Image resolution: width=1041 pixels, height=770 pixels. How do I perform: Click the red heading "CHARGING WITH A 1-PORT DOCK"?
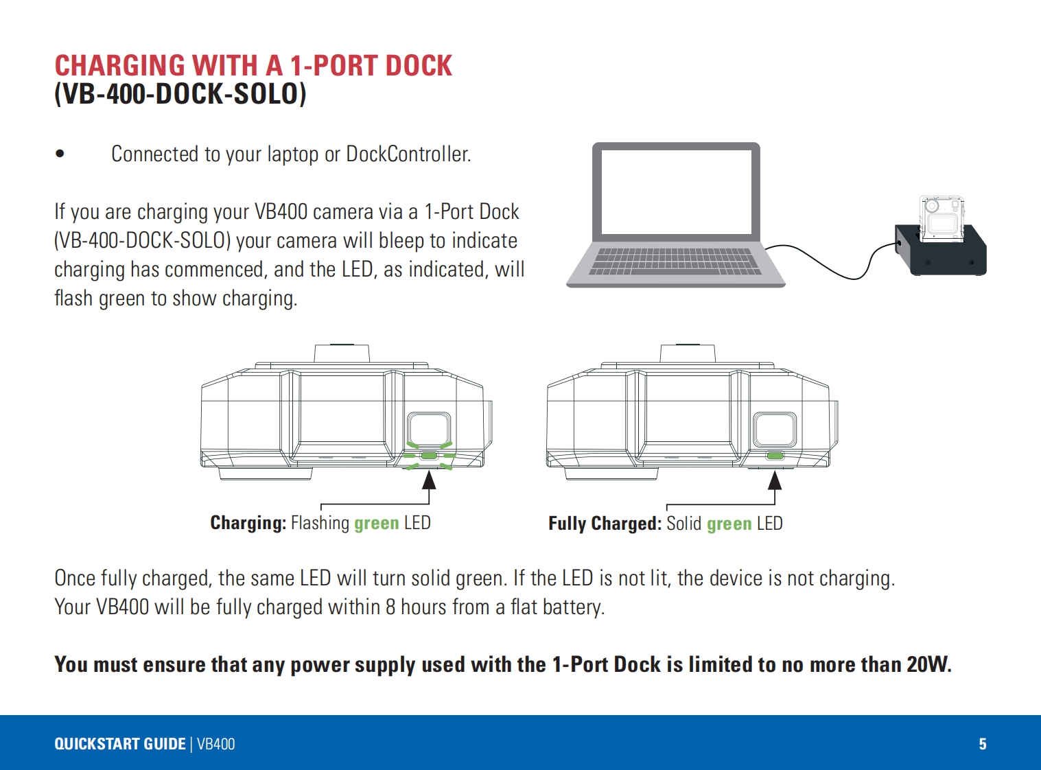253,66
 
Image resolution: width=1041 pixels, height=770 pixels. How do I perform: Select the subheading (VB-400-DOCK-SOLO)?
180,94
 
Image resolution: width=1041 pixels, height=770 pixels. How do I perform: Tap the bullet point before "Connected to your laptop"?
60,154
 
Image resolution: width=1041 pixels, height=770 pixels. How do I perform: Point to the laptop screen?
676,192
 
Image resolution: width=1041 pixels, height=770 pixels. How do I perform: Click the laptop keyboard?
676,261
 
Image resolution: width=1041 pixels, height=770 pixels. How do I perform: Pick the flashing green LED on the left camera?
429,456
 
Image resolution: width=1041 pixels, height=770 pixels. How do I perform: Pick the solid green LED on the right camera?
775,456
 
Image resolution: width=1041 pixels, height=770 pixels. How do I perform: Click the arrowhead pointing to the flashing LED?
429,479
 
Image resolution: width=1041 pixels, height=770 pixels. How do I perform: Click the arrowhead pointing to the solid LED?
775,479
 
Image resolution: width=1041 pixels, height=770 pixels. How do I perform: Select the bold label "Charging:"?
248,523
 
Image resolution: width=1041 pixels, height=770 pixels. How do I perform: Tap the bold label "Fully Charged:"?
605,524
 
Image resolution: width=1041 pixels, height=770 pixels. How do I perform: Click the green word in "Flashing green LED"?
376,523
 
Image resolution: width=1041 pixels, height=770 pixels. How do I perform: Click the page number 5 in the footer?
983,744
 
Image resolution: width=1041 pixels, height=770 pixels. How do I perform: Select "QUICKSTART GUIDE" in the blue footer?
120,744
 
